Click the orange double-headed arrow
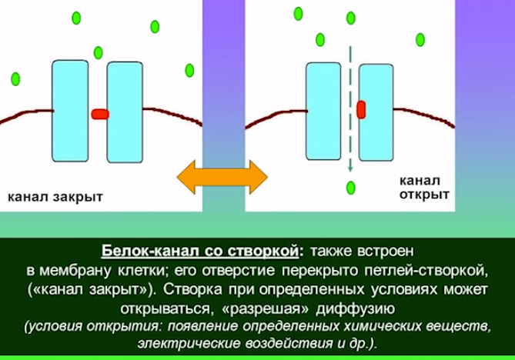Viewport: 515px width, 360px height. pyautogui.click(x=222, y=177)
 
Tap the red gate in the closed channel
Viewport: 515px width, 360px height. pyautogui.click(x=100, y=114)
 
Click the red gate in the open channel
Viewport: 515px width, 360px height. pyautogui.click(x=361, y=109)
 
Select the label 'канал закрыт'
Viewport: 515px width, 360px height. pyautogui.click(x=55, y=197)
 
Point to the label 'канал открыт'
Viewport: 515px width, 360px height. pyautogui.click(x=424, y=188)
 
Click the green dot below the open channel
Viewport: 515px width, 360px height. pyautogui.click(x=351, y=188)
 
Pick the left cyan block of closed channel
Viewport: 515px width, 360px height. pyautogui.click(x=70, y=111)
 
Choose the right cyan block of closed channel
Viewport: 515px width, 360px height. pyautogui.click(x=125, y=112)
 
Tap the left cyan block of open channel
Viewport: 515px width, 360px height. pyautogui.click(x=323, y=112)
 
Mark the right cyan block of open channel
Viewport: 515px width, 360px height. pyautogui.click(x=376, y=112)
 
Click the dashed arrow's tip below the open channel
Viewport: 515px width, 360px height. pyautogui.click(x=350, y=172)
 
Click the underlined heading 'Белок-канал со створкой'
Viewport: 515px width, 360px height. pyautogui.click(x=200, y=251)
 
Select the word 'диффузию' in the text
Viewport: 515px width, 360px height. pyautogui.click(x=356, y=308)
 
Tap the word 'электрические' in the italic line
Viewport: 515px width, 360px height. pyautogui.click(x=189, y=344)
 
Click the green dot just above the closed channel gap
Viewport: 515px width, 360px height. pyautogui.click(x=99, y=52)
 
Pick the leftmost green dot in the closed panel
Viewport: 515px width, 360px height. pyautogui.click(x=15, y=79)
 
